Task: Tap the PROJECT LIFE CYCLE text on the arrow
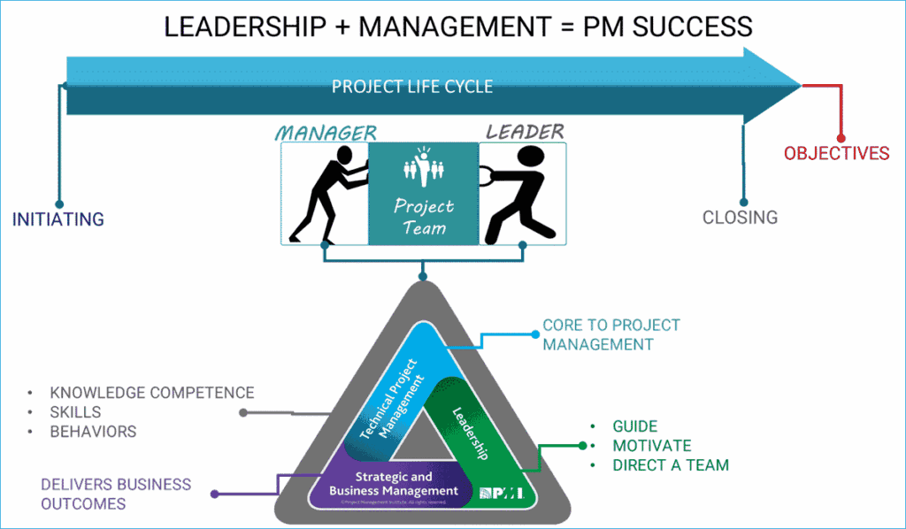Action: click(411, 87)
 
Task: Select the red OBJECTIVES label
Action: click(836, 154)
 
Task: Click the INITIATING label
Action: click(58, 219)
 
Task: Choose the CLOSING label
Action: click(740, 217)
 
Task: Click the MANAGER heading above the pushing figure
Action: click(326, 133)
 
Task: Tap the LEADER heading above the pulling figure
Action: click(525, 132)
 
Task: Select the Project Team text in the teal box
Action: click(423, 217)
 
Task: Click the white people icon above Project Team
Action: click(422, 165)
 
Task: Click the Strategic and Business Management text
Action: click(394, 484)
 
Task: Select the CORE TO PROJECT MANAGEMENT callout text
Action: click(610, 334)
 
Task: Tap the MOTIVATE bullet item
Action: click(651, 445)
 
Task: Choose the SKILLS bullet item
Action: click(75, 412)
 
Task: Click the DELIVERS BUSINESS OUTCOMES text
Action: click(115, 494)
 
